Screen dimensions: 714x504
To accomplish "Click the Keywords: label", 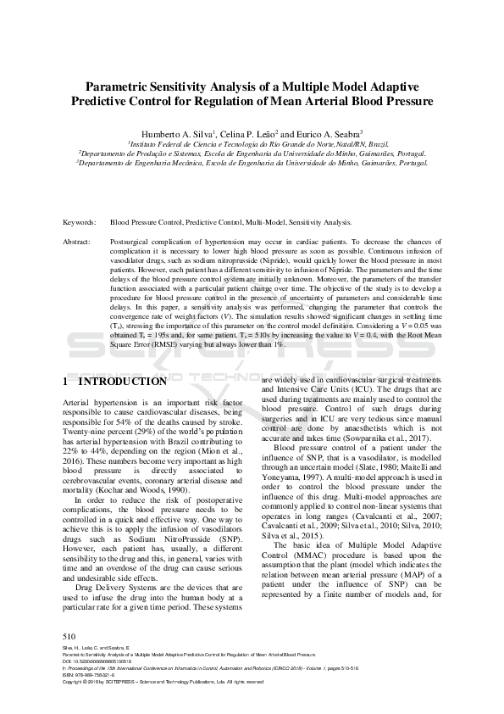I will [x=80, y=222].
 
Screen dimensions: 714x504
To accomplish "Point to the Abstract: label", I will [x=78, y=242].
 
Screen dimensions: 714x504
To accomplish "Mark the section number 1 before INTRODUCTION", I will [x=67, y=382].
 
